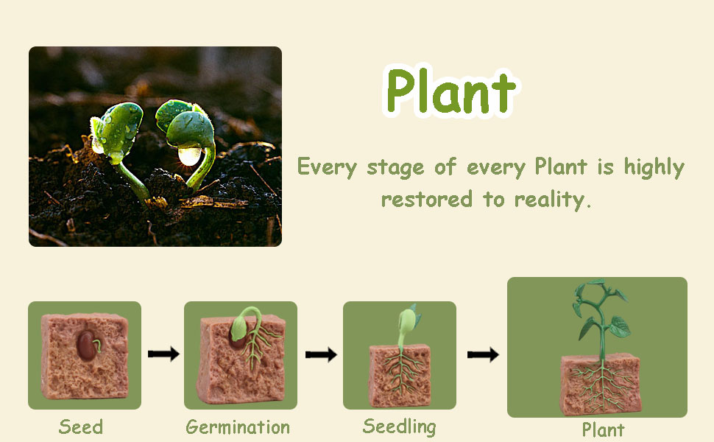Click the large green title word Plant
click(450, 91)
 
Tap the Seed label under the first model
click(81, 427)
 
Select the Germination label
click(238, 427)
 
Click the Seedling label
click(400, 427)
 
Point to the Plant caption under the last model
click(604, 429)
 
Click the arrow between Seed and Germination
click(163, 354)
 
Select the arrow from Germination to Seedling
click(321, 354)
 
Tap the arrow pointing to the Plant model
click(483, 354)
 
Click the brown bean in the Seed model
click(87, 345)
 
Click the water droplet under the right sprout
click(189, 156)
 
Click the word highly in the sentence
click(654, 168)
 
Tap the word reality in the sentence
click(553, 200)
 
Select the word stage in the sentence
click(396, 168)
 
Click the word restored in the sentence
click(427, 199)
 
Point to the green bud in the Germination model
click(238, 327)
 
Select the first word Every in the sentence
click(327, 166)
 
